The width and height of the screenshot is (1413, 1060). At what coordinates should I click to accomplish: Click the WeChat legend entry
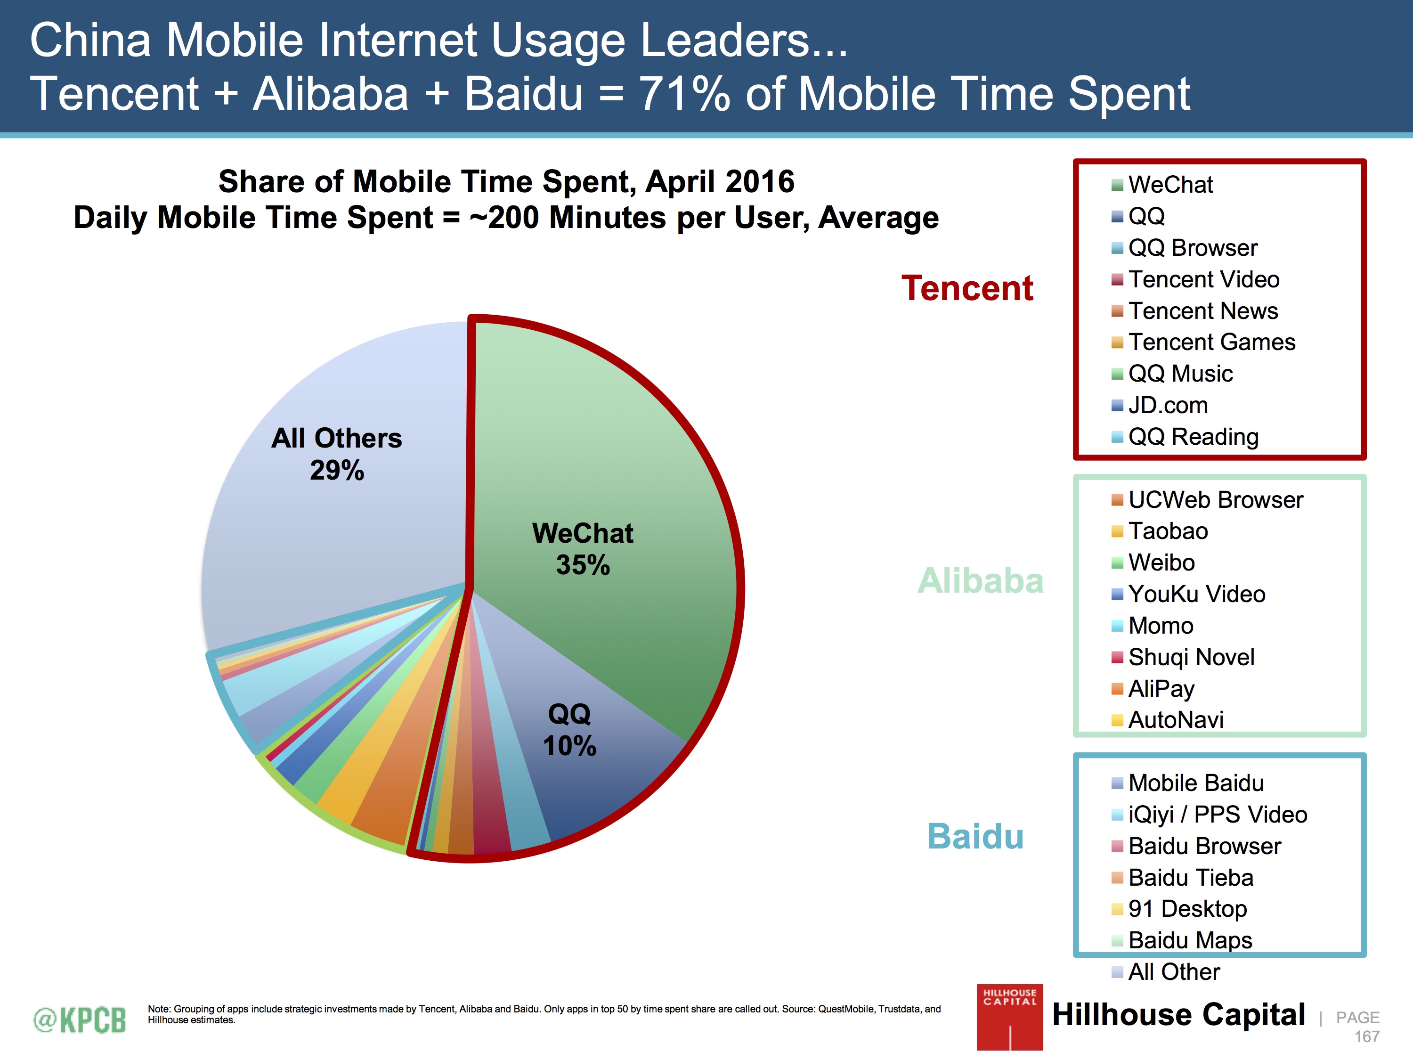[x=1169, y=185]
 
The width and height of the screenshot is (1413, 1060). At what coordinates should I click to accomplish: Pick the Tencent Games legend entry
[x=1210, y=342]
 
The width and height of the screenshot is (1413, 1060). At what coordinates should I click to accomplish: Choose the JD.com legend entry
[x=1167, y=405]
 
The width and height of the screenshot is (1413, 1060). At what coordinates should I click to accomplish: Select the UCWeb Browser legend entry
[x=1214, y=500]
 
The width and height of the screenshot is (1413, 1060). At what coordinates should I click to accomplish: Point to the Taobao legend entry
[x=1167, y=531]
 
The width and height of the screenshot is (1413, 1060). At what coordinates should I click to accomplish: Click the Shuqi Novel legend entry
[x=1191, y=657]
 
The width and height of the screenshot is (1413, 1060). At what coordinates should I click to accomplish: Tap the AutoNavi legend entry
[x=1175, y=720]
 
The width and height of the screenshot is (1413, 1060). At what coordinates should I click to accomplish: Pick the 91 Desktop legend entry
[x=1187, y=909]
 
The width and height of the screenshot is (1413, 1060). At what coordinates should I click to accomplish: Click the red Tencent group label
[x=966, y=288]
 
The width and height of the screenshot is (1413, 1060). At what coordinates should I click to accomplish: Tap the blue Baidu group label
[x=975, y=836]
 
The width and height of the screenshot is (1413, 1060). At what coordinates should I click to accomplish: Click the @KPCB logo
[x=80, y=1020]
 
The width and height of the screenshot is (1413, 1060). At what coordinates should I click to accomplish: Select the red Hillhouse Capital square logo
[x=1009, y=1017]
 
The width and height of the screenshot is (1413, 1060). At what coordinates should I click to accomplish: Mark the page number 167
[x=1366, y=1036]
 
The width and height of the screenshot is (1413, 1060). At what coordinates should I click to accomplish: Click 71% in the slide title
[x=684, y=94]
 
